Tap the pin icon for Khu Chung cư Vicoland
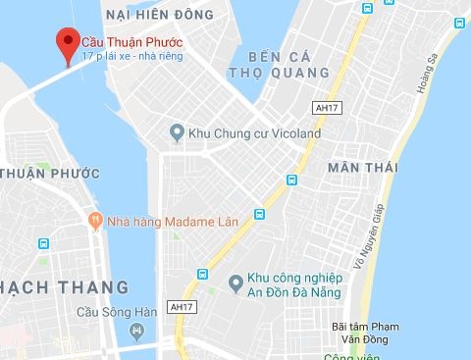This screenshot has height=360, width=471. [177, 132]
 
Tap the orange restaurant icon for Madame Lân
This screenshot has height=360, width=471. [95, 220]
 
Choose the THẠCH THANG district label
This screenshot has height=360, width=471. [63, 287]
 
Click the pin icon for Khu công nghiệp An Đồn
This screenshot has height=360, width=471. [235, 283]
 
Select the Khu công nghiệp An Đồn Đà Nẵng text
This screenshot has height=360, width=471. [290, 283]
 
